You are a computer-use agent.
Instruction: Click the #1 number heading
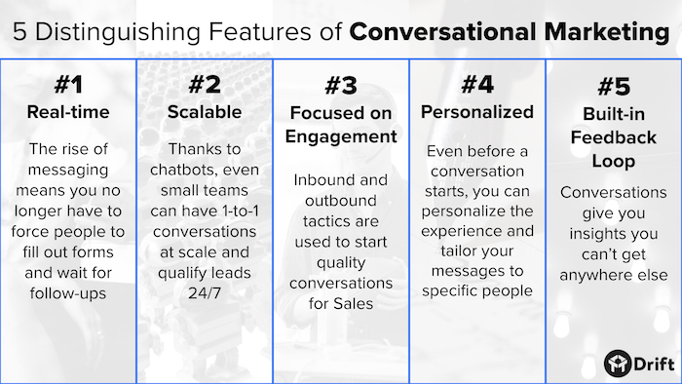point(67,82)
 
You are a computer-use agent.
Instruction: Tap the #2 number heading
point(204,82)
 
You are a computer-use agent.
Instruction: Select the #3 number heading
point(341,85)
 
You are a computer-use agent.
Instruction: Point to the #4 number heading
point(476,83)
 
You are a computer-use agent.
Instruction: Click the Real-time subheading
point(68,112)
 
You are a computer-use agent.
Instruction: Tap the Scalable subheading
point(205,112)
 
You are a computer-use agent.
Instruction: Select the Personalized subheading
point(477,112)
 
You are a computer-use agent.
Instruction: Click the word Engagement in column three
point(341,137)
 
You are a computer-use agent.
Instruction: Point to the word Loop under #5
point(614,159)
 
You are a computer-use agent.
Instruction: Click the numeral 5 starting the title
point(19,31)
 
